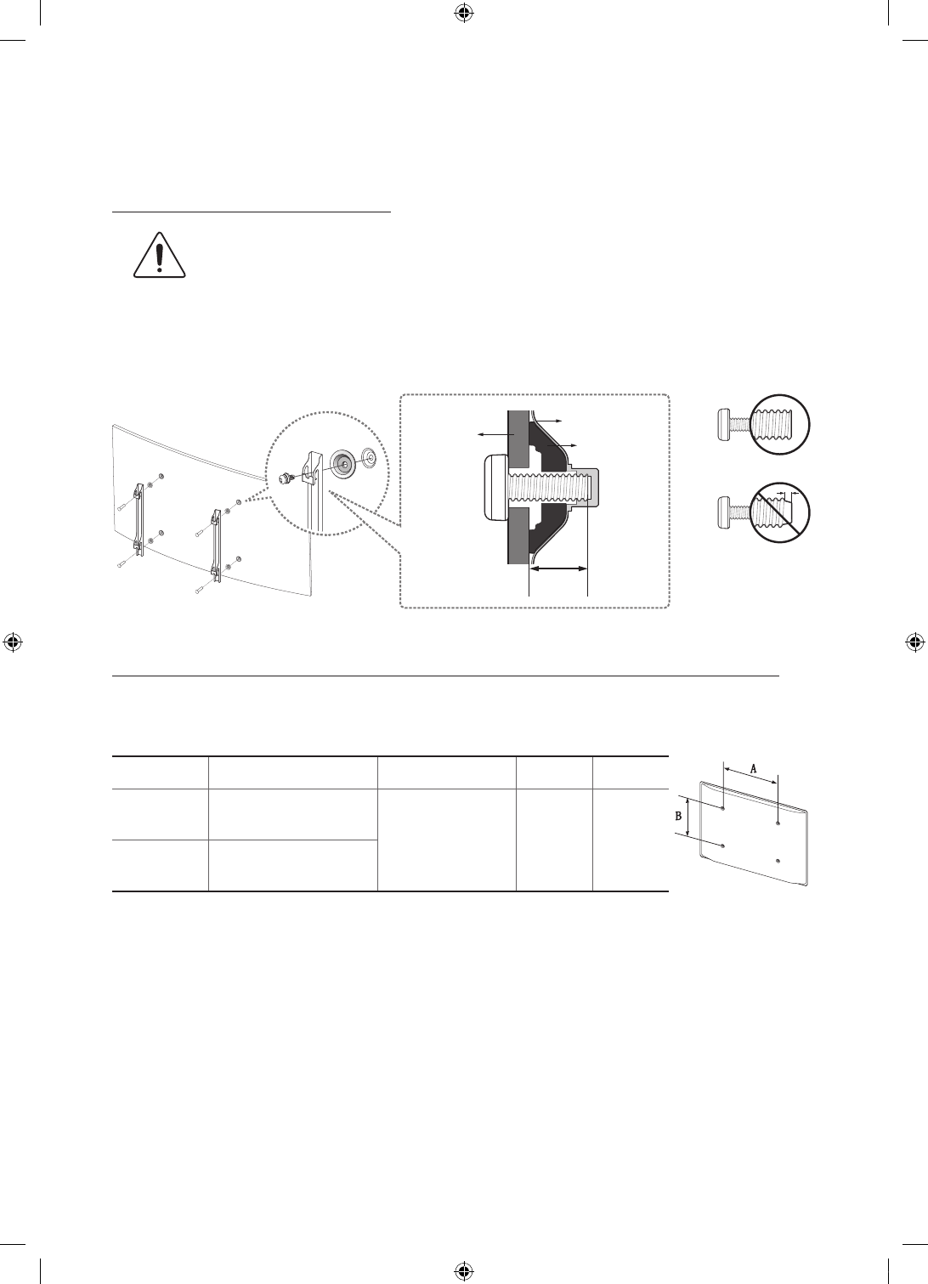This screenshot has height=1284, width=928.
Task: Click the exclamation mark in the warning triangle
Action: [x=158, y=257]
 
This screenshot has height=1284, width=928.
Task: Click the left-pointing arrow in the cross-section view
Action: [x=492, y=434]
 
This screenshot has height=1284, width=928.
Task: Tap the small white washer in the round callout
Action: [x=370, y=455]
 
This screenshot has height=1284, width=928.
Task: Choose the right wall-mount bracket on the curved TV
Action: [x=216, y=545]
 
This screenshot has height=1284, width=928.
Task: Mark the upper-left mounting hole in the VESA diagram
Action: [x=722, y=810]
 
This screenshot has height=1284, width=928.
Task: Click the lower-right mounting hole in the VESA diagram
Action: [x=778, y=861]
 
